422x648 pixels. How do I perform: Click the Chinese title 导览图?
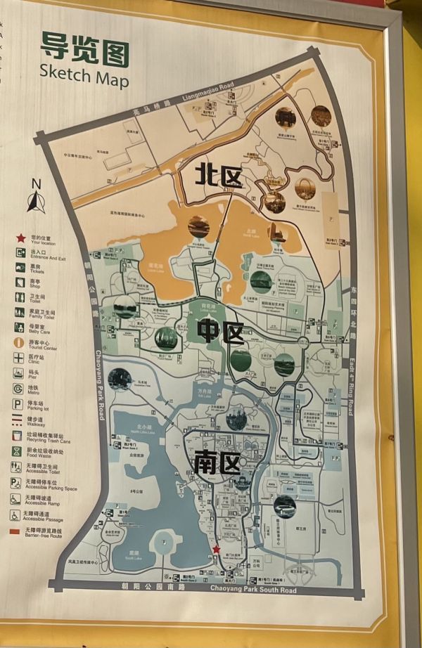84,47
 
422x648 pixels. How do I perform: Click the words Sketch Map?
84,74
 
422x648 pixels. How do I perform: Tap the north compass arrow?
37,200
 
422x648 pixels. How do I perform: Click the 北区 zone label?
220,175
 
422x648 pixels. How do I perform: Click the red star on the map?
217,550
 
